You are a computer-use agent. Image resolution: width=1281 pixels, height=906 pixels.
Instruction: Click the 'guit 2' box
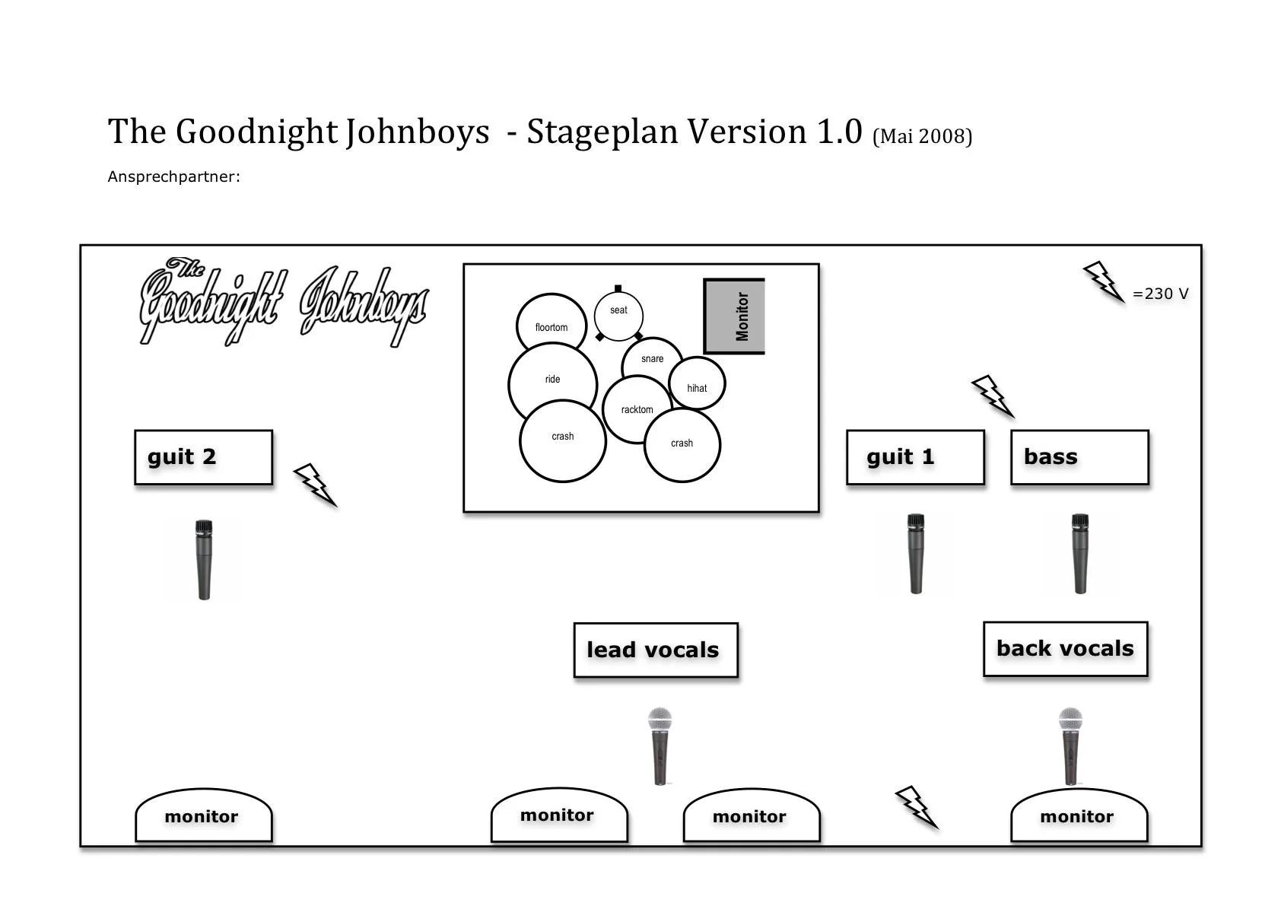pyautogui.click(x=203, y=457)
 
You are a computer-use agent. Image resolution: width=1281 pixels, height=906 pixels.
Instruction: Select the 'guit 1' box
pyautogui.click(x=915, y=457)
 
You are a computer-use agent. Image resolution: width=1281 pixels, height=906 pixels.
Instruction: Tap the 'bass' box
pyautogui.click(x=1079, y=457)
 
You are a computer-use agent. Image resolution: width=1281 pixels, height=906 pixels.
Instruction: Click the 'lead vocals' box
pyautogui.click(x=656, y=650)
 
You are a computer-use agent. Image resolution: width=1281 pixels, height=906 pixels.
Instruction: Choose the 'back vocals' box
pyautogui.click(x=1065, y=649)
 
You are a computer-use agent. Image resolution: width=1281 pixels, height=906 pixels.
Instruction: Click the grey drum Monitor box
pyautogui.click(x=735, y=316)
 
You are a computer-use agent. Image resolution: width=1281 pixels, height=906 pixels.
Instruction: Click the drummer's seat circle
pyautogui.click(x=618, y=313)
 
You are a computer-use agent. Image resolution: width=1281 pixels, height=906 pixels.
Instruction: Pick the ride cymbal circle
pyautogui.click(x=551, y=383)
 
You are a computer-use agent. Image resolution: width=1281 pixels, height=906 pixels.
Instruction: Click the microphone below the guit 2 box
pyautogui.click(x=204, y=559)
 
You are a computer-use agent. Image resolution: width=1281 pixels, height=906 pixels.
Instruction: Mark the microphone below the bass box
pyautogui.click(x=1080, y=553)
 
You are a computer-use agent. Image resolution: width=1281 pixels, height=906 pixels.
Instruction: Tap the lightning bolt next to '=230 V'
pyautogui.click(x=1103, y=281)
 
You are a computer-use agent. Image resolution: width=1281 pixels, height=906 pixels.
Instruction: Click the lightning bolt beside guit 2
pyautogui.click(x=315, y=485)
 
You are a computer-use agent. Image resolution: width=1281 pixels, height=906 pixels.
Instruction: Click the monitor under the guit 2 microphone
pyautogui.click(x=203, y=816)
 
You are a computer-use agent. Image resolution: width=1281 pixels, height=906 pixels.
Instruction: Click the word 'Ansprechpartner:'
pyautogui.click(x=173, y=176)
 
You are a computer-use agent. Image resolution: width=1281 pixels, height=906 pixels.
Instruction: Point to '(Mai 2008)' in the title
pyautogui.click(x=922, y=136)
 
